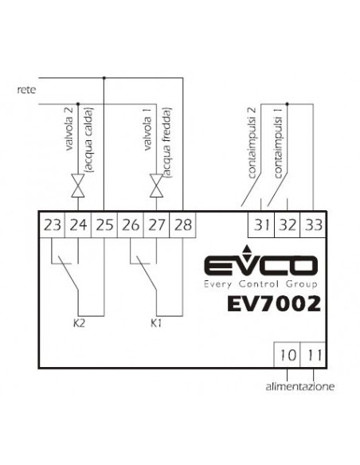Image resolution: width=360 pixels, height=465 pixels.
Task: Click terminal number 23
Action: pyautogui.click(x=52, y=225)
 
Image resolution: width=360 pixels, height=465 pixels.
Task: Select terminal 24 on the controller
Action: pyautogui.click(x=78, y=225)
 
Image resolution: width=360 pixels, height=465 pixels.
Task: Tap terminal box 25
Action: pyautogui.click(x=104, y=225)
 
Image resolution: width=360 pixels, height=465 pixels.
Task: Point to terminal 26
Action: pyautogui.click(x=130, y=225)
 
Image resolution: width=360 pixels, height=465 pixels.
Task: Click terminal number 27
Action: pyautogui.click(x=156, y=225)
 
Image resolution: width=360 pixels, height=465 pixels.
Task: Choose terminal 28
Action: pyautogui.click(x=182, y=225)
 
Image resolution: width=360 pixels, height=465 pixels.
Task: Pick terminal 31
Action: pyautogui.click(x=261, y=225)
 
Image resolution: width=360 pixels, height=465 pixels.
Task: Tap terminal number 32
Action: pyautogui.click(x=288, y=225)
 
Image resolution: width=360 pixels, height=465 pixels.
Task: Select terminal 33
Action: pyautogui.click(x=313, y=225)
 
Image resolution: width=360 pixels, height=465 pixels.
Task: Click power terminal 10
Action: pyautogui.click(x=287, y=354)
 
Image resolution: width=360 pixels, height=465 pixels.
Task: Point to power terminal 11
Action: pyautogui.click(x=313, y=354)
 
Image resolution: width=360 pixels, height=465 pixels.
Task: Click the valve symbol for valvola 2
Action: pyautogui.click(x=78, y=186)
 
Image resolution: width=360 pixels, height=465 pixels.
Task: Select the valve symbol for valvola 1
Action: pyautogui.click(x=156, y=186)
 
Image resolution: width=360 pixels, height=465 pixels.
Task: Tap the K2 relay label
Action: pyautogui.click(x=79, y=323)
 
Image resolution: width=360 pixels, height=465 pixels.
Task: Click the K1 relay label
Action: pyautogui.click(x=156, y=323)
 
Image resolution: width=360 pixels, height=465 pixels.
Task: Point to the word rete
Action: pyautogui.click(x=27, y=89)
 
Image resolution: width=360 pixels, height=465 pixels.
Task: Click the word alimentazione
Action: pyautogui.click(x=300, y=387)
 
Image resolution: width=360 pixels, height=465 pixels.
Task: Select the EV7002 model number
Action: pyautogui.click(x=274, y=303)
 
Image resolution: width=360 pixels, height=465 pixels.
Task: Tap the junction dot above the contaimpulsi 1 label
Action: pyautogui.click(x=287, y=104)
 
